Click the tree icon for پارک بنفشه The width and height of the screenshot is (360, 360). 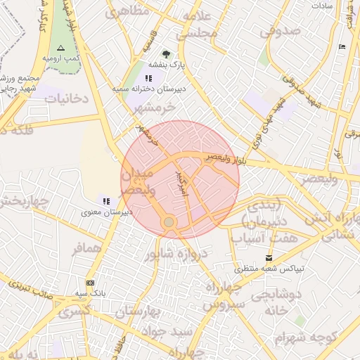(166, 54)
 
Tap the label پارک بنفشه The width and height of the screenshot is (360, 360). (167, 65)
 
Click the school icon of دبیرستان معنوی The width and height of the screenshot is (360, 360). (106, 201)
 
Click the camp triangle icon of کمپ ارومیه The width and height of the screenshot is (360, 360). (60, 48)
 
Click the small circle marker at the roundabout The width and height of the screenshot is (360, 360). (169, 222)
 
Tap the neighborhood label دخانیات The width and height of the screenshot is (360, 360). (67, 99)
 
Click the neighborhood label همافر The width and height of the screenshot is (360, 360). (87, 249)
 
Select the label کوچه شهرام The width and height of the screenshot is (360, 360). (301, 338)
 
